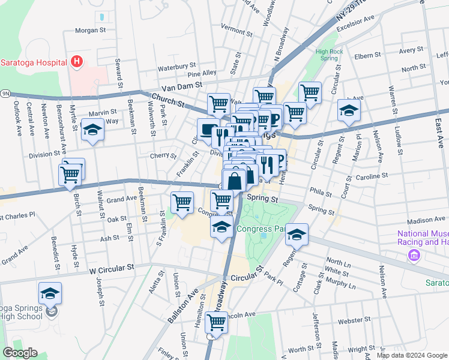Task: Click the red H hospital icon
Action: (76, 61)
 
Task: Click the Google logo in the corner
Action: (20, 353)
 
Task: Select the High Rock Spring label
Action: (330, 55)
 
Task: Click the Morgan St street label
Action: (90, 29)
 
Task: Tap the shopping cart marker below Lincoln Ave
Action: (216, 322)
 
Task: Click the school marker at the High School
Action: (50, 293)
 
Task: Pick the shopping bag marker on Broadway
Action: (234, 180)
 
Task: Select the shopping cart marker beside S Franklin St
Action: (182, 202)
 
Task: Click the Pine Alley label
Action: (201, 73)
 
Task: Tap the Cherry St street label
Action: (164, 156)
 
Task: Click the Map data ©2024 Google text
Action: (411, 355)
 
